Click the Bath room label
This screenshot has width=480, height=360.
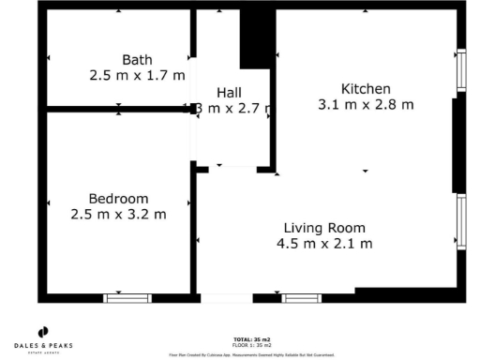click(137, 59)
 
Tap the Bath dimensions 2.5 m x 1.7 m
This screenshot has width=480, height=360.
click(137, 74)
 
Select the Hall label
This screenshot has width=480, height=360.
click(230, 92)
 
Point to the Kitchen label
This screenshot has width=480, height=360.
click(366, 88)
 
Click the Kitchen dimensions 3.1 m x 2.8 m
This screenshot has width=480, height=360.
click(366, 105)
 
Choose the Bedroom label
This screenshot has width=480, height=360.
click(118, 198)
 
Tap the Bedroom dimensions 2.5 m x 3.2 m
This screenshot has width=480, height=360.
click(118, 214)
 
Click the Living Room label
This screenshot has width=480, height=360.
click(324, 228)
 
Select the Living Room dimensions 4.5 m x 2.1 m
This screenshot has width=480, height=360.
click(324, 244)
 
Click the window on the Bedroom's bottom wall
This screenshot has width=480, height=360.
click(127, 298)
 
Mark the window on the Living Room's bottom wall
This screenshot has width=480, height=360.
click(301, 298)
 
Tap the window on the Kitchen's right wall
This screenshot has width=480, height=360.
click(459, 71)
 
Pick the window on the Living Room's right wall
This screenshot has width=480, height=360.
click(459, 222)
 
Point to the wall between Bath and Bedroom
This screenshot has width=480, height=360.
click(117, 110)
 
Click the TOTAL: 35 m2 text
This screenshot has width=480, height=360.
click(251, 338)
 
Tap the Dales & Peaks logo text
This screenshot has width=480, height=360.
click(44, 345)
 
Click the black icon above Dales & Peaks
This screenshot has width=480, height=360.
click(44, 332)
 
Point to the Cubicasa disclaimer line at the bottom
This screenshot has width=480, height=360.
click(251, 354)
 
